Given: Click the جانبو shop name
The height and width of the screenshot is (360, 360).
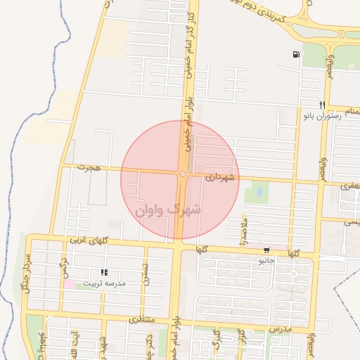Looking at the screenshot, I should [x=266, y=260].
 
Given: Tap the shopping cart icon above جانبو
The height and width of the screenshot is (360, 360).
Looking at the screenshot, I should [x=266, y=250].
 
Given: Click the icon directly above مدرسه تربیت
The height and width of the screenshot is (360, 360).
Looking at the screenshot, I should [x=104, y=272].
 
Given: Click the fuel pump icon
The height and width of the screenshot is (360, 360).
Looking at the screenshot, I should [x=294, y=55].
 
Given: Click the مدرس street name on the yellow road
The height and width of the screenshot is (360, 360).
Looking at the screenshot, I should [x=280, y=329].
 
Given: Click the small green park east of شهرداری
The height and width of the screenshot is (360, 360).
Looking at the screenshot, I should [x=259, y=191].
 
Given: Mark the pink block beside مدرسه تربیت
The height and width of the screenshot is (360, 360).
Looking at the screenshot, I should [x=69, y=284].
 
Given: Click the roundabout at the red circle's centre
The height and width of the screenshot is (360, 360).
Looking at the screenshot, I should [x=182, y=174].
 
